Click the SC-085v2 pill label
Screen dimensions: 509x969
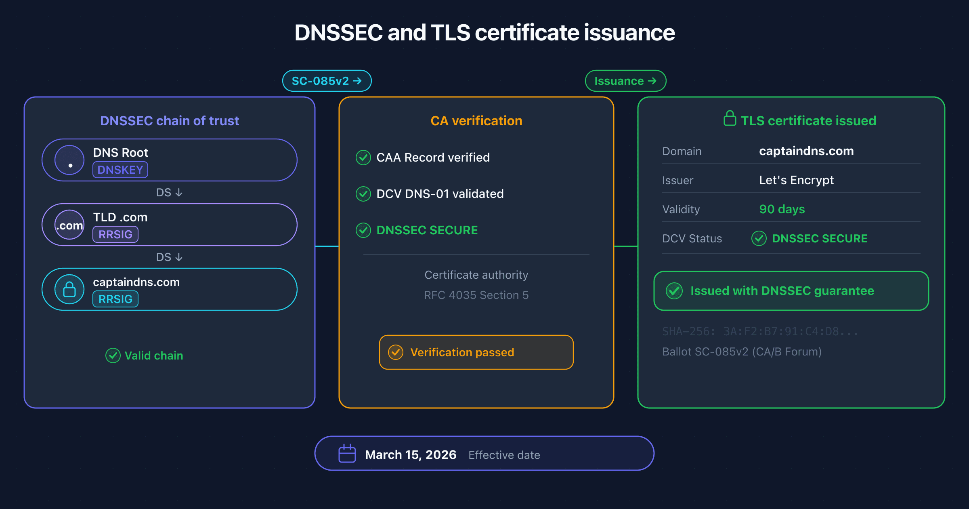(x=327, y=81)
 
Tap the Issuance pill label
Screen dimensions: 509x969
(x=625, y=81)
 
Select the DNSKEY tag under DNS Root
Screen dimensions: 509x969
(x=120, y=170)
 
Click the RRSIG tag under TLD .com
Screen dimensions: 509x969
(x=115, y=234)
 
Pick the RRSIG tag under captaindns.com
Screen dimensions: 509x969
(x=115, y=299)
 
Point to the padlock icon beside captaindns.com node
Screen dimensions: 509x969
(x=69, y=289)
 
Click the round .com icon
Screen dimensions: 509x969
(x=69, y=225)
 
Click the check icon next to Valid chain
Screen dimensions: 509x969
(x=113, y=355)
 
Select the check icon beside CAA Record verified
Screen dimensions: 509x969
(x=363, y=158)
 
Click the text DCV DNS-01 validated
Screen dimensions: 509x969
(x=440, y=194)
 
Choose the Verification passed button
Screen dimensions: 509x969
(x=476, y=352)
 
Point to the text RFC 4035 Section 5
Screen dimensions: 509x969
(x=476, y=295)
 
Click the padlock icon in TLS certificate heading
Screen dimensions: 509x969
(x=730, y=118)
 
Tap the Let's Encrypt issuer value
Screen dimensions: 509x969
(x=796, y=180)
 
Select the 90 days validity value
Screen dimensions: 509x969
(x=782, y=209)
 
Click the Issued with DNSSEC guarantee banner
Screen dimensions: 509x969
(x=791, y=291)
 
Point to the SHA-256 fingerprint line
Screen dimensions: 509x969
(x=760, y=332)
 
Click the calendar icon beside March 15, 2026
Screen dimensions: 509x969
(x=347, y=454)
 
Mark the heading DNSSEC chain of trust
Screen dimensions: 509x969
(x=170, y=121)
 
